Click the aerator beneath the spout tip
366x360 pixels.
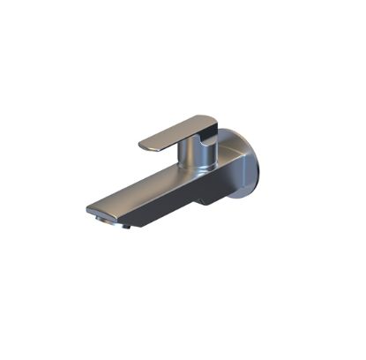pos(111,221)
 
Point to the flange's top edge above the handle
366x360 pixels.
pos(231,132)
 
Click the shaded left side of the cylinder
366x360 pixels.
pos(183,157)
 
